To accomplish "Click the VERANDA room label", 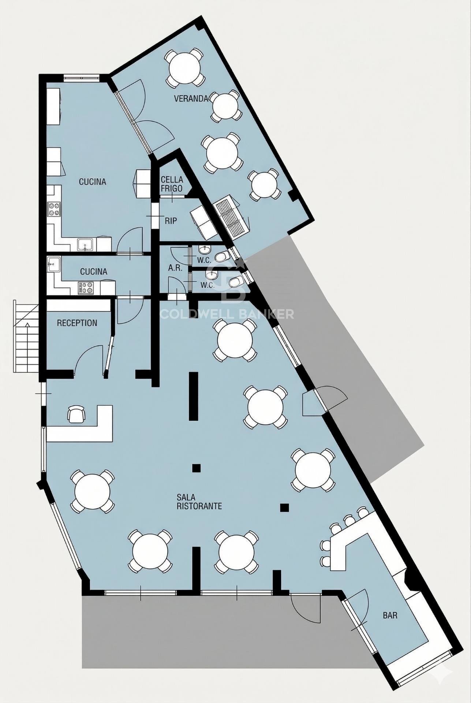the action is pyautogui.click(x=191, y=98).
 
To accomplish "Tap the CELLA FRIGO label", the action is pyautogui.click(x=172, y=184).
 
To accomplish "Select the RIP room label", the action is pyautogui.click(x=171, y=221).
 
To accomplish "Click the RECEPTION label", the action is pyautogui.click(x=77, y=323).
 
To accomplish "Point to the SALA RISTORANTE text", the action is pyautogui.click(x=199, y=502).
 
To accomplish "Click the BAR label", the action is pyautogui.click(x=390, y=615).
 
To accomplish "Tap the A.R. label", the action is pyautogui.click(x=175, y=268).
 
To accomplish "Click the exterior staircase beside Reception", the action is pyautogui.click(x=26, y=336).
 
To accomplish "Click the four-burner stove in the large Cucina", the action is pyautogui.click(x=54, y=209).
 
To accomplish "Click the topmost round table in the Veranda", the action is pyautogui.click(x=185, y=68).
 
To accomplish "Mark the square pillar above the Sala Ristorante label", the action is pyautogui.click(x=197, y=468).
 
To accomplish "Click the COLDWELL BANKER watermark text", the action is pyautogui.click(x=227, y=313).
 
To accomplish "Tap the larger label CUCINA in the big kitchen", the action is pyautogui.click(x=93, y=182).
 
